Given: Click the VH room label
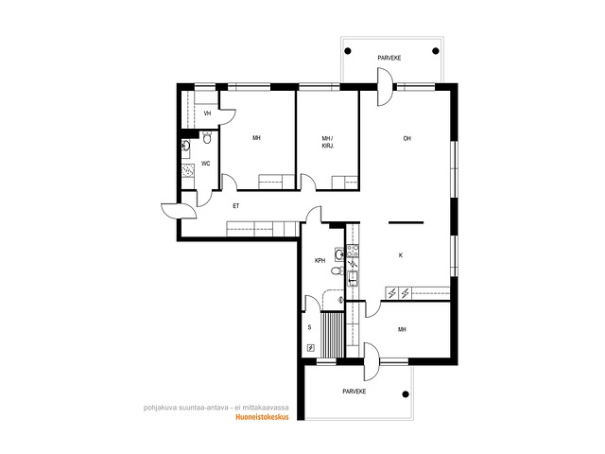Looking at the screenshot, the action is [208, 113].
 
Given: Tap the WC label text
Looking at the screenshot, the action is [206, 164].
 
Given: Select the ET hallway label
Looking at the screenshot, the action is [235, 206].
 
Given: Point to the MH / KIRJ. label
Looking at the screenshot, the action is [328, 142].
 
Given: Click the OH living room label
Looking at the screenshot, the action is [406, 139].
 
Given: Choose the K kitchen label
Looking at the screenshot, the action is [401, 255].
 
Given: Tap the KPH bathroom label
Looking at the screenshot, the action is [320, 261].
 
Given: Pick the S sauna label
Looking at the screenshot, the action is [309, 327].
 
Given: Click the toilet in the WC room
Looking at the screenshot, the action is [207, 137].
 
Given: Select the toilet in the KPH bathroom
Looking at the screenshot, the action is [337, 271].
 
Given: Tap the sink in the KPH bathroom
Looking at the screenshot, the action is [339, 254].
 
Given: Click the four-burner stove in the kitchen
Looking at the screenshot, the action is [353, 251].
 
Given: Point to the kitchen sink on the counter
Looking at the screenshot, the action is [353, 278].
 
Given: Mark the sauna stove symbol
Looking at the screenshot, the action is [311, 348].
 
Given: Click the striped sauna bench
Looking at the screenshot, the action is [332, 335].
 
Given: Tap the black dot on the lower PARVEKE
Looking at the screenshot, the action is [406, 394].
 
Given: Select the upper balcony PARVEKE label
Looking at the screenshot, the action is [389, 58].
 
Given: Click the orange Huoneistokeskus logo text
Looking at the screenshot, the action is [262, 417].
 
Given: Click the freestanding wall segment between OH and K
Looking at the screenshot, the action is [406, 222].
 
